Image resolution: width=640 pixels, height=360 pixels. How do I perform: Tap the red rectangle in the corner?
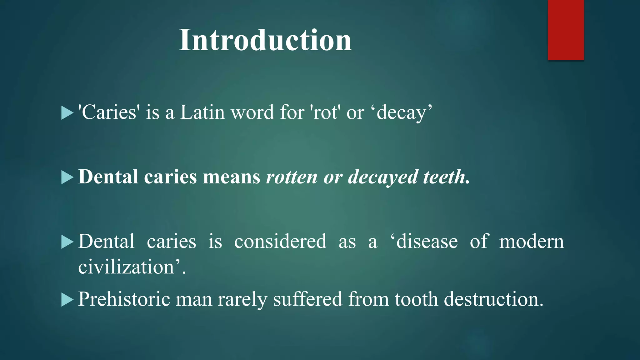pyautogui.click(x=566, y=30)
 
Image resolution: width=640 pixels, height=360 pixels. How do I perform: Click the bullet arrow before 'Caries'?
pyautogui.click(x=67, y=113)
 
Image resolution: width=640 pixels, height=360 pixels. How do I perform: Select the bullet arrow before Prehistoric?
pyautogui.click(x=67, y=300)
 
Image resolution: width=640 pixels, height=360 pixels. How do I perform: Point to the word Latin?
pyautogui.click(x=202, y=112)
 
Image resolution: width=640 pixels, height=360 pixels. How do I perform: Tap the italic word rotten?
pyautogui.click(x=292, y=177)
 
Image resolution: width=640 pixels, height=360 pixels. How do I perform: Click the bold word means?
pyautogui.click(x=232, y=177)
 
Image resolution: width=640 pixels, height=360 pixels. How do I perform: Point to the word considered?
pyautogui.click(x=280, y=241)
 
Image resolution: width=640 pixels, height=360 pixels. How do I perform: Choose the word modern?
pyautogui.click(x=531, y=241)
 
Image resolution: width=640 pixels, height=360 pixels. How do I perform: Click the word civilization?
pyautogui.click(x=126, y=267)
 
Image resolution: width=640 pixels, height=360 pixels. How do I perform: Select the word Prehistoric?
pyautogui.click(x=124, y=299)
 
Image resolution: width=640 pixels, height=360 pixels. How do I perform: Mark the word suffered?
pyautogui.click(x=307, y=299)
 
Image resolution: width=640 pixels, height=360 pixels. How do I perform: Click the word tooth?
pyautogui.click(x=416, y=299)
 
